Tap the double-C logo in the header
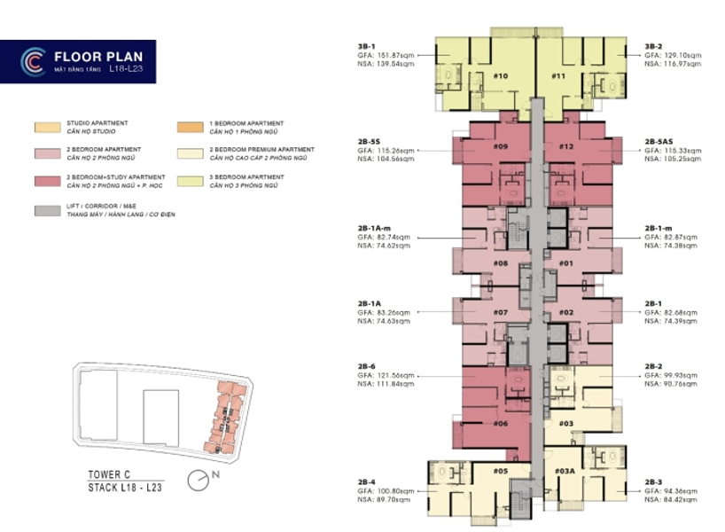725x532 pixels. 33,61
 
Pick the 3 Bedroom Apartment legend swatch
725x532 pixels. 188,183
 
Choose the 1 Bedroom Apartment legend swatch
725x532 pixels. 188,127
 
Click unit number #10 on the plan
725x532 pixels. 500,76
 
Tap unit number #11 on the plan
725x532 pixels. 558,76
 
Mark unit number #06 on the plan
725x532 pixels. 500,424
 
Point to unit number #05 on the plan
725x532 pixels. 500,471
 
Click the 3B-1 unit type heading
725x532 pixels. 367,46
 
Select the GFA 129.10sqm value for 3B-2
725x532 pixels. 673,55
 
